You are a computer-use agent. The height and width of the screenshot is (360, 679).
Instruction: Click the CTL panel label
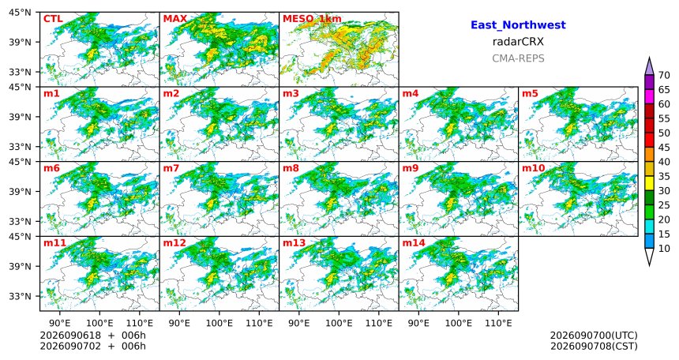pos(53,19)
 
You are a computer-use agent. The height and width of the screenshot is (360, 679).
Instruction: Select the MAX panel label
pos(175,19)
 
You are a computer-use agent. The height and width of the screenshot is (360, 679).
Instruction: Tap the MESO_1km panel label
pos(312,19)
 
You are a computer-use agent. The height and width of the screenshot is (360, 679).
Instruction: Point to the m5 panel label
pos(530,93)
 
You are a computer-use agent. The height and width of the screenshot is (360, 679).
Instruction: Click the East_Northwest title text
pos(518,25)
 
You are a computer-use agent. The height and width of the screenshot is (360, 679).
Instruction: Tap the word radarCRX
pos(518,42)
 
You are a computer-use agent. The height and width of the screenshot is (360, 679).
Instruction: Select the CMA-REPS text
pos(518,58)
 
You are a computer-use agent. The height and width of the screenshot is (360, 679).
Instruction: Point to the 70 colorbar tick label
pos(664,75)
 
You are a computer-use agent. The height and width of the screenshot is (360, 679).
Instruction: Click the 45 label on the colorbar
pos(664,148)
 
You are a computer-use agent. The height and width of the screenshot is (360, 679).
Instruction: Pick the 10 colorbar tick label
pos(664,248)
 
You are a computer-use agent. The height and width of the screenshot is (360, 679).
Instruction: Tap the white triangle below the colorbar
pos(649,257)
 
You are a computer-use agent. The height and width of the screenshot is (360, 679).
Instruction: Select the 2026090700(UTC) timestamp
pos(594,336)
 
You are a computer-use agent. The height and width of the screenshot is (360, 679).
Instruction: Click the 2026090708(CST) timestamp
pos(594,346)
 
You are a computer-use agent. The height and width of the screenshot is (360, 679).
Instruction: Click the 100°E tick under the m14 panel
pos(458,323)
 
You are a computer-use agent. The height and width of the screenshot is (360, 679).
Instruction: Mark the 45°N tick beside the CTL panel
pos(20,12)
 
